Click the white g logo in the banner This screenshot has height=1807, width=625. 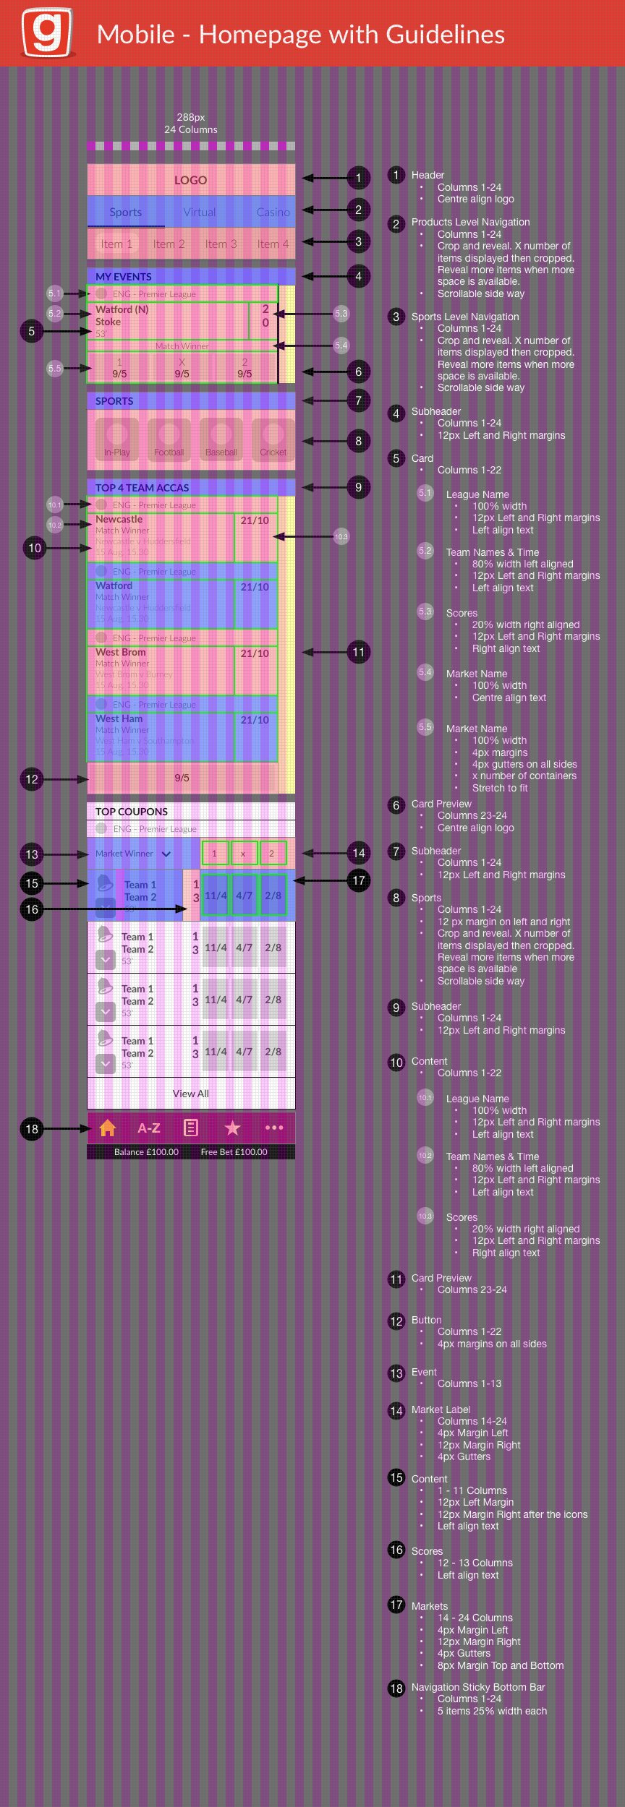pos(47,33)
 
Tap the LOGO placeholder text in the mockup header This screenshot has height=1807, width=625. pos(190,180)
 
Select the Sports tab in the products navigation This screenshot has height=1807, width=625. pos(125,212)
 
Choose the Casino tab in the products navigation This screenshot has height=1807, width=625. pos(273,212)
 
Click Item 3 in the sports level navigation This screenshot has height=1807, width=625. pos(221,244)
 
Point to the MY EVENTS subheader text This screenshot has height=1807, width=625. pos(124,277)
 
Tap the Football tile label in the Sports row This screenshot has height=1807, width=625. pos(169,452)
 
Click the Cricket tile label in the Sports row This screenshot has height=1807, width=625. pos(273,452)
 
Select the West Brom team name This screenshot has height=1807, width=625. pos(121,652)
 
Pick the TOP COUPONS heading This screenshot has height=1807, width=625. pos(132,812)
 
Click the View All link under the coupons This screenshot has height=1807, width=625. pos(190,1094)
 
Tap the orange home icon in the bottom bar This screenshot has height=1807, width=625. pos(108,1128)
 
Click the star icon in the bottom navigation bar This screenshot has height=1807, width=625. pos(232,1128)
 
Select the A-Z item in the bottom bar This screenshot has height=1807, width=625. pos(149,1128)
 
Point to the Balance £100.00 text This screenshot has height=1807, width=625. pos(146,1152)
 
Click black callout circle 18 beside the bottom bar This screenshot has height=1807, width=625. pos(32,1129)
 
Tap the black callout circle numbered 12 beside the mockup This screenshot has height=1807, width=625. pos(32,779)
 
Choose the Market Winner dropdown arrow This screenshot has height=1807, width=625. pos(166,854)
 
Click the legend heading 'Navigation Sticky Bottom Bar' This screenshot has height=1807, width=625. pos(478,1687)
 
